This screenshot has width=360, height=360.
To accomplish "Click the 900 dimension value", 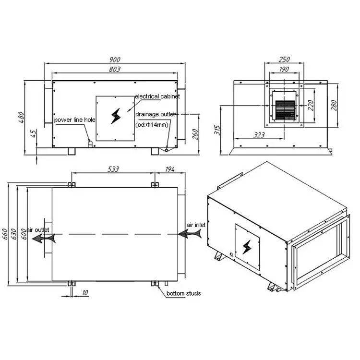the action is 115,60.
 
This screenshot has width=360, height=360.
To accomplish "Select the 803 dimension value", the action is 115,69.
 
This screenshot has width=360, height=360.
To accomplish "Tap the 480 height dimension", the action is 21,117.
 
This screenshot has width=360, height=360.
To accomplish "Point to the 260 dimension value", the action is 195,134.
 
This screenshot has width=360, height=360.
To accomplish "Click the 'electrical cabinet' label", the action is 157,96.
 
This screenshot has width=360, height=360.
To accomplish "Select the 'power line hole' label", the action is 74,120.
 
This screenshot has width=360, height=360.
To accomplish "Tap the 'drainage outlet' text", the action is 155,114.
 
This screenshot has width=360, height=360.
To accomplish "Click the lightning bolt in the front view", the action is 116,116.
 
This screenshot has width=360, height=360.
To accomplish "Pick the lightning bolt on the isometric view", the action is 247,247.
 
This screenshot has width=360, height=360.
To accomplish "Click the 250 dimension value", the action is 284,60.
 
